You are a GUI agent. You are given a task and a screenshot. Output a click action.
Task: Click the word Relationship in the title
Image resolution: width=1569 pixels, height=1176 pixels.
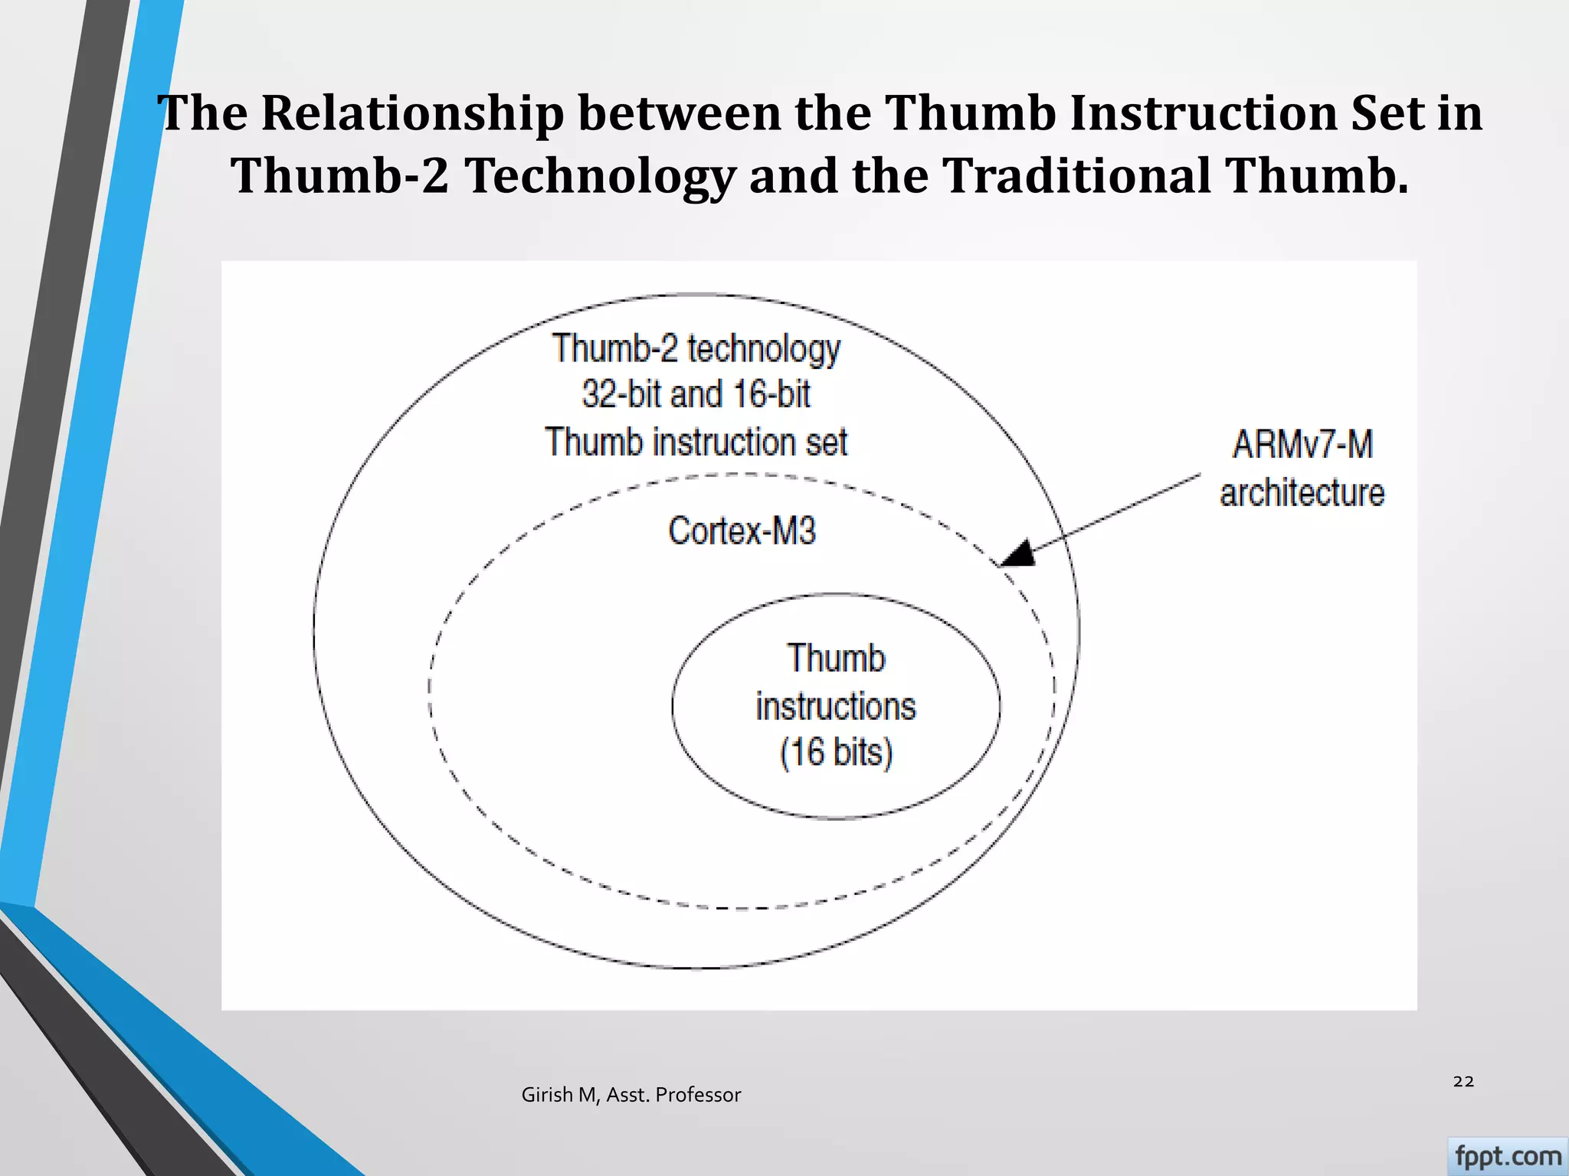click(411, 113)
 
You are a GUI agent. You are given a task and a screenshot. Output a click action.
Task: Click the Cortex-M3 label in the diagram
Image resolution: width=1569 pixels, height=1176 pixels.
click(742, 531)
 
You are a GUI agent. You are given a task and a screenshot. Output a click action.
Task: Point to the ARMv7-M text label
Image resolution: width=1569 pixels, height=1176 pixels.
click(1302, 444)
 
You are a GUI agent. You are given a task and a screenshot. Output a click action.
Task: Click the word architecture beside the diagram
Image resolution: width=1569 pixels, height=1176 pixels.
click(1302, 492)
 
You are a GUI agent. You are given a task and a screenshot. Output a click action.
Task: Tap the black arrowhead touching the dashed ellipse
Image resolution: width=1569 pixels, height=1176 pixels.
click(1019, 554)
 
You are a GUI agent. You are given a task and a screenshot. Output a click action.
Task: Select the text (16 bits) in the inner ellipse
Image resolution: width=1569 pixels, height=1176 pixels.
click(836, 752)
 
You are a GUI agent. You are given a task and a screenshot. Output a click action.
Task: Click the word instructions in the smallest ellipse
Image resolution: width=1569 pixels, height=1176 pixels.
click(836, 706)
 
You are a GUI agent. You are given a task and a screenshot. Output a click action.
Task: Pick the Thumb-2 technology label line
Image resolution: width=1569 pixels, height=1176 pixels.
click(696, 348)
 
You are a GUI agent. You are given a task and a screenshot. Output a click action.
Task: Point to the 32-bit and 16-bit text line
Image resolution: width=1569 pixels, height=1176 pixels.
click(696, 394)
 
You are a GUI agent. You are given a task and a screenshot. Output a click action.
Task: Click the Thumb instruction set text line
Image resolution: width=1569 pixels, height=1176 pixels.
click(696, 442)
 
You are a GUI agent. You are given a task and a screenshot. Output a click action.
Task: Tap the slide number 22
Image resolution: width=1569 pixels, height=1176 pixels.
click(1463, 1081)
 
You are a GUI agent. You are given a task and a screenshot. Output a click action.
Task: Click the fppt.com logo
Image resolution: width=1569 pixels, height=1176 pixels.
click(1507, 1156)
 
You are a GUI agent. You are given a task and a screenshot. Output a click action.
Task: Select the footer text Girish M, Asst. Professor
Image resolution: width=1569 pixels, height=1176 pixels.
click(631, 1095)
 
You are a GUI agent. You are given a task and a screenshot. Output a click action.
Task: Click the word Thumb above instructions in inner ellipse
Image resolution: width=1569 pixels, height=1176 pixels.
click(836, 658)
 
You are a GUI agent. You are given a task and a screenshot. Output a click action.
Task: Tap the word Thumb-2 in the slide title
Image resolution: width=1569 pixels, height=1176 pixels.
click(340, 175)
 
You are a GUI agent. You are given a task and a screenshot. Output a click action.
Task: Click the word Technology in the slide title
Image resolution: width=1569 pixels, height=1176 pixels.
click(600, 175)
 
